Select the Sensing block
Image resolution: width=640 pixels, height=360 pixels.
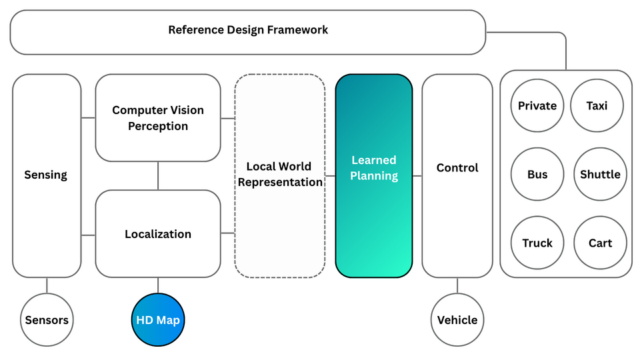(47, 175)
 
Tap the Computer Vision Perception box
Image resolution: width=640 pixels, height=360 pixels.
(158, 118)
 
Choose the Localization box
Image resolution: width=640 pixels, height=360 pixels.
(158, 234)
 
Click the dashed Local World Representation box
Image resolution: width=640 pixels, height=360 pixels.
(280, 175)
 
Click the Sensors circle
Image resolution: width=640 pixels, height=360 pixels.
(47, 320)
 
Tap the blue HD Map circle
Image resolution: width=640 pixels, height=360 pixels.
(158, 320)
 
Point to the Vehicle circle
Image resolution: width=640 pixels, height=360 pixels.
(457, 320)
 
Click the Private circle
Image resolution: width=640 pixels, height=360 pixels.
(537, 105)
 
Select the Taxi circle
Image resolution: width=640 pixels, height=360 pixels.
(597, 105)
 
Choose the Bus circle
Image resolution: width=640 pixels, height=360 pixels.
(537, 174)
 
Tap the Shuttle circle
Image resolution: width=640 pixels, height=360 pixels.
(600, 174)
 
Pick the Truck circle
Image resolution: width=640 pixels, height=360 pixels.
(537, 243)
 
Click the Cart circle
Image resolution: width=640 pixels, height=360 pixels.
(600, 243)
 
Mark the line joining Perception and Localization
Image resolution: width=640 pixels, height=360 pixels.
(158, 176)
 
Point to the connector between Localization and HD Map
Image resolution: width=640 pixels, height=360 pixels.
(158, 285)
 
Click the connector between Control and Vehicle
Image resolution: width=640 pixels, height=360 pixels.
(457, 285)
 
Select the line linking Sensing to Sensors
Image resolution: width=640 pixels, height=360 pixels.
(47, 285)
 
